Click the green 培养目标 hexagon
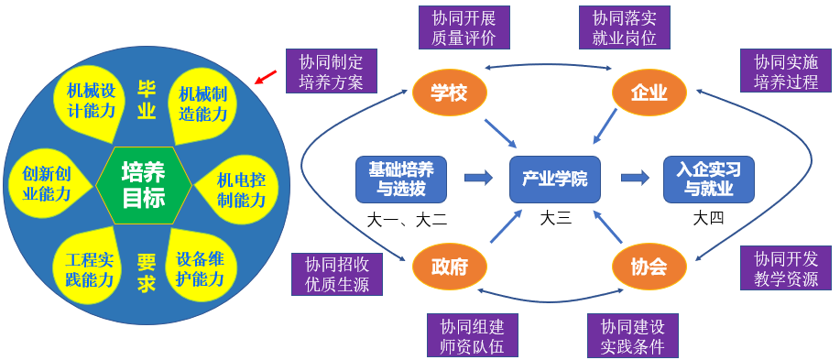click(x=144, y=184)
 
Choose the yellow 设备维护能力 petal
click(x=200, y=268)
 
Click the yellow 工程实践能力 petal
click(x=90, y=268)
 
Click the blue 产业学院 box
click(x=554, y=179)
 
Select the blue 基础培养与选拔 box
click(x=401, y=179)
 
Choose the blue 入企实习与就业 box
click(x=709, y=179)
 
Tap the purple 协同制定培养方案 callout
click(x=331, y=71)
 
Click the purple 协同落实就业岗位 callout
click(x=624, y=28)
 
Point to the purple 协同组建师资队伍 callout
click(x=472, y=336)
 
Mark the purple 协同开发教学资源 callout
click(x=785, y=268)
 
